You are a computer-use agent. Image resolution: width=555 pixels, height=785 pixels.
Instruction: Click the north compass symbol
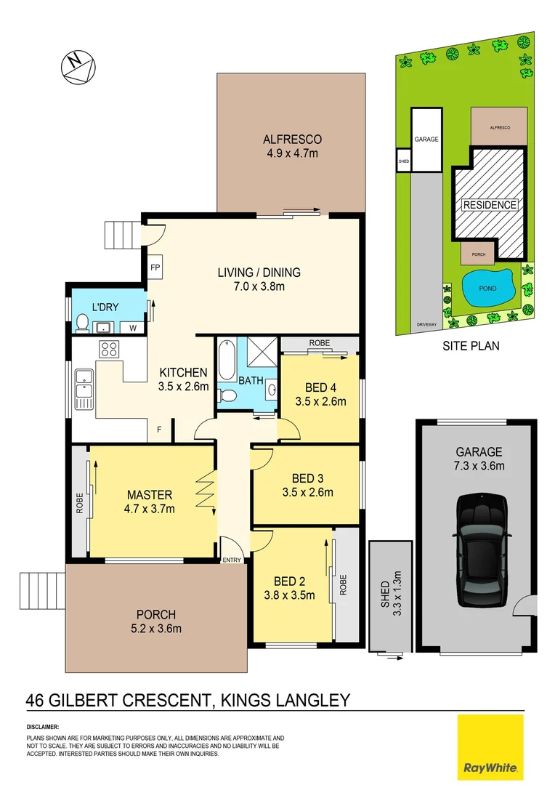(77, 65)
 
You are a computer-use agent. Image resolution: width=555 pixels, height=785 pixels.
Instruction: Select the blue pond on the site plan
(487, 289)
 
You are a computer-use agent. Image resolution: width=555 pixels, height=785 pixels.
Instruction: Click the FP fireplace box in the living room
(155, 267)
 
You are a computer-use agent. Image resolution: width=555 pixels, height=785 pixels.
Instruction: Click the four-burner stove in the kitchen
(109, 349)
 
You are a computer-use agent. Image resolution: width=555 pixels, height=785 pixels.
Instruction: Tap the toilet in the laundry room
(82, 323)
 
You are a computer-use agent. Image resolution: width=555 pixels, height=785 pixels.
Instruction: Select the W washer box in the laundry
(132, 328)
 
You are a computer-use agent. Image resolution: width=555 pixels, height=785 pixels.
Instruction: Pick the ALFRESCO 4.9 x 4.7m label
(291, 145)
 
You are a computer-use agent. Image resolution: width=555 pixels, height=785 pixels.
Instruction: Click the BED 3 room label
(312, 485)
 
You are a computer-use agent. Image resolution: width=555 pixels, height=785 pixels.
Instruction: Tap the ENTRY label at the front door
(232, 560)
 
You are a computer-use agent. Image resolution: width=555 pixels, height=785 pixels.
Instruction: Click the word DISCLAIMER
(43, 727)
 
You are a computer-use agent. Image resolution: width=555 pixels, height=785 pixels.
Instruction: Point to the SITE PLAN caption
(471, 346)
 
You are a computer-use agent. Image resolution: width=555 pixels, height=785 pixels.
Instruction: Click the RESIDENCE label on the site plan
(490, 205)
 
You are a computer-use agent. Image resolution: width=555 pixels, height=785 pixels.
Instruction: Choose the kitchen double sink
(83, 387)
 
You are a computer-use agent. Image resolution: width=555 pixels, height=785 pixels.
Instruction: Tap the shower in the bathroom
(259, 352)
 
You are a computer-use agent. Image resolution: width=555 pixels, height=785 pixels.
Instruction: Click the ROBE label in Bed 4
(319, 342)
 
